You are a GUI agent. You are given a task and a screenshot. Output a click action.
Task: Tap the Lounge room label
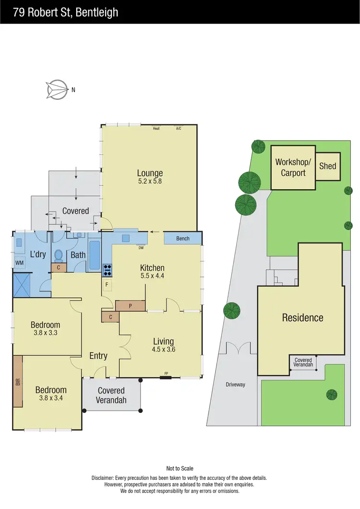click(150, 173)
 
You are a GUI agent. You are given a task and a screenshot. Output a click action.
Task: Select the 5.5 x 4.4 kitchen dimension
click(152, 276)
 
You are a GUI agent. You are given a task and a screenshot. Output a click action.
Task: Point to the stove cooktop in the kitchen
click(107, 270)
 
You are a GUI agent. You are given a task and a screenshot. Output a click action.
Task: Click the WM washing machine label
click(19, 263)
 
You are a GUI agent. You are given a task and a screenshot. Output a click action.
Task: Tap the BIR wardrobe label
click(18, 382)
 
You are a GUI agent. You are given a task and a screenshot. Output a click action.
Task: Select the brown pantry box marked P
click(130, 305)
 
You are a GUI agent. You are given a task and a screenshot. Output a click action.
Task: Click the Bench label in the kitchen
click(183, 238)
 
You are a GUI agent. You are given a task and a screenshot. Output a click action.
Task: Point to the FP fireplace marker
click(166, 373)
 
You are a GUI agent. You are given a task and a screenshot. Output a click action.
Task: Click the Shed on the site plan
click(328, 166)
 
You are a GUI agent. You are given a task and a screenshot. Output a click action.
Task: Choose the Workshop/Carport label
click(293, 167)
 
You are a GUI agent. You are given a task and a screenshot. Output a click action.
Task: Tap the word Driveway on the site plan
click(235, 384)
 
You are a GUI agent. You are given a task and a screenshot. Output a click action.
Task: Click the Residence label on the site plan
click(302, 317)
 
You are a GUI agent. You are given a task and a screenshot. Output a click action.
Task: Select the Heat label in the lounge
click(156, 128)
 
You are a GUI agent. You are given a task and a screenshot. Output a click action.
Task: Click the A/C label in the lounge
click(179, 128)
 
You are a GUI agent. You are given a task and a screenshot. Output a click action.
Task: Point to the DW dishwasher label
click(141, 248)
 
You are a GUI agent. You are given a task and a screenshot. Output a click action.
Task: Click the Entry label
click(98, 356)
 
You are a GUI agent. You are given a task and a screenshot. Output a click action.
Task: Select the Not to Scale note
click(180, 468)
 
